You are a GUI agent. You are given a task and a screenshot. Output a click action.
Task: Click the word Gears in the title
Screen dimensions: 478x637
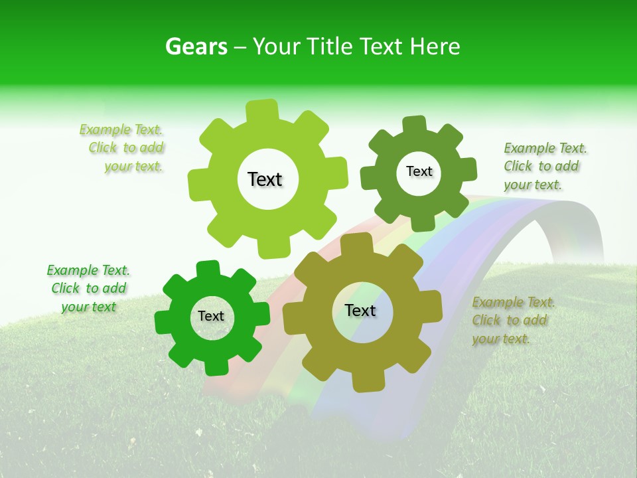(x=196, y=46)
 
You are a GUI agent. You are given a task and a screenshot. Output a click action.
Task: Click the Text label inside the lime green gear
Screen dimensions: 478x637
(x=265, y=179)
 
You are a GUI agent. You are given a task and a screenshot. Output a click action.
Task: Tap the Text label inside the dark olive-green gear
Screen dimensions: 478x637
(x=419, y=171)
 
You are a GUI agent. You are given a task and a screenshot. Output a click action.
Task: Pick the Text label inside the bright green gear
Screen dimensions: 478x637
(x=211, y=316)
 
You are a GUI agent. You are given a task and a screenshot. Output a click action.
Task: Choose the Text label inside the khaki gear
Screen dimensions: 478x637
(x=360, y=310)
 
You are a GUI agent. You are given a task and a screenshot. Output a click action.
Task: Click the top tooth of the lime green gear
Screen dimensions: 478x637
(x=262, y=110)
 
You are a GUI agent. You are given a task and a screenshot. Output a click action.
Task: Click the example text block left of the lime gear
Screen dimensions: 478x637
(x=123, y=148)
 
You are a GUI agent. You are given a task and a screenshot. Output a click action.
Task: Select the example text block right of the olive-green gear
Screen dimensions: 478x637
(x=544, y=166)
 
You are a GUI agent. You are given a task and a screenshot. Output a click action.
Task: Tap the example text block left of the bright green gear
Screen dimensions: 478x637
(x=88, y=288)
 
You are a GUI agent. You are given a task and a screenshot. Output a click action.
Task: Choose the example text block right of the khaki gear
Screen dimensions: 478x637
(x=512, y=320)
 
